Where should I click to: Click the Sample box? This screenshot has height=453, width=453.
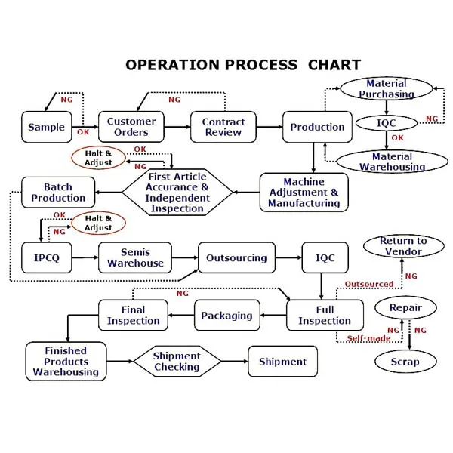click(47, 127)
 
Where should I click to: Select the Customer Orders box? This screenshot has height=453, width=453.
click(131, 127)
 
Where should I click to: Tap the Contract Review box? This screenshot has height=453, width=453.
click(223, 127)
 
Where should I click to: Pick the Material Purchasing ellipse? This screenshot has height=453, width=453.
click(387, 88)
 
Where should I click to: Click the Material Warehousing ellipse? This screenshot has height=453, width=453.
click(393, 162)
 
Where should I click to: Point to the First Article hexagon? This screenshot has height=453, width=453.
click(177, 192)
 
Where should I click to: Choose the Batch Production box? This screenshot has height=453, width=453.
click(58, 192)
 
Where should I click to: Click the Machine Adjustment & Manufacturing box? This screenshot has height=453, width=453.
click(304, 192)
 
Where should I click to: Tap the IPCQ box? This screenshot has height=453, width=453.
click(47, 257)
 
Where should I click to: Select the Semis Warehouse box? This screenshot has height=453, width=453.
click(135, 257)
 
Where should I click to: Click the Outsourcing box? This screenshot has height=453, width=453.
click(236, 257)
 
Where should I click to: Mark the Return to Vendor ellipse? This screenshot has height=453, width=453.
click(404, 246)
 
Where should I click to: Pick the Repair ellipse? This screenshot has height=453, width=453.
click(405, 307)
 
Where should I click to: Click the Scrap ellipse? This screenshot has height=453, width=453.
click(405, 362)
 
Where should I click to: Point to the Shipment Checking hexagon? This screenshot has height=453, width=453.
click(177, 361)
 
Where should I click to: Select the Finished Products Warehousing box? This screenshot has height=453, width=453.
click(66, 361)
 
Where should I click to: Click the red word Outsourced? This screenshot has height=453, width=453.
click(369, 284)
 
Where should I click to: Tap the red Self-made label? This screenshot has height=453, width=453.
click(368, 338)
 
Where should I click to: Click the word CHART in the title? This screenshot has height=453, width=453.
click(334, 65)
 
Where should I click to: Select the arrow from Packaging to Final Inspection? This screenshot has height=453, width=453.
click(181, 315)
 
